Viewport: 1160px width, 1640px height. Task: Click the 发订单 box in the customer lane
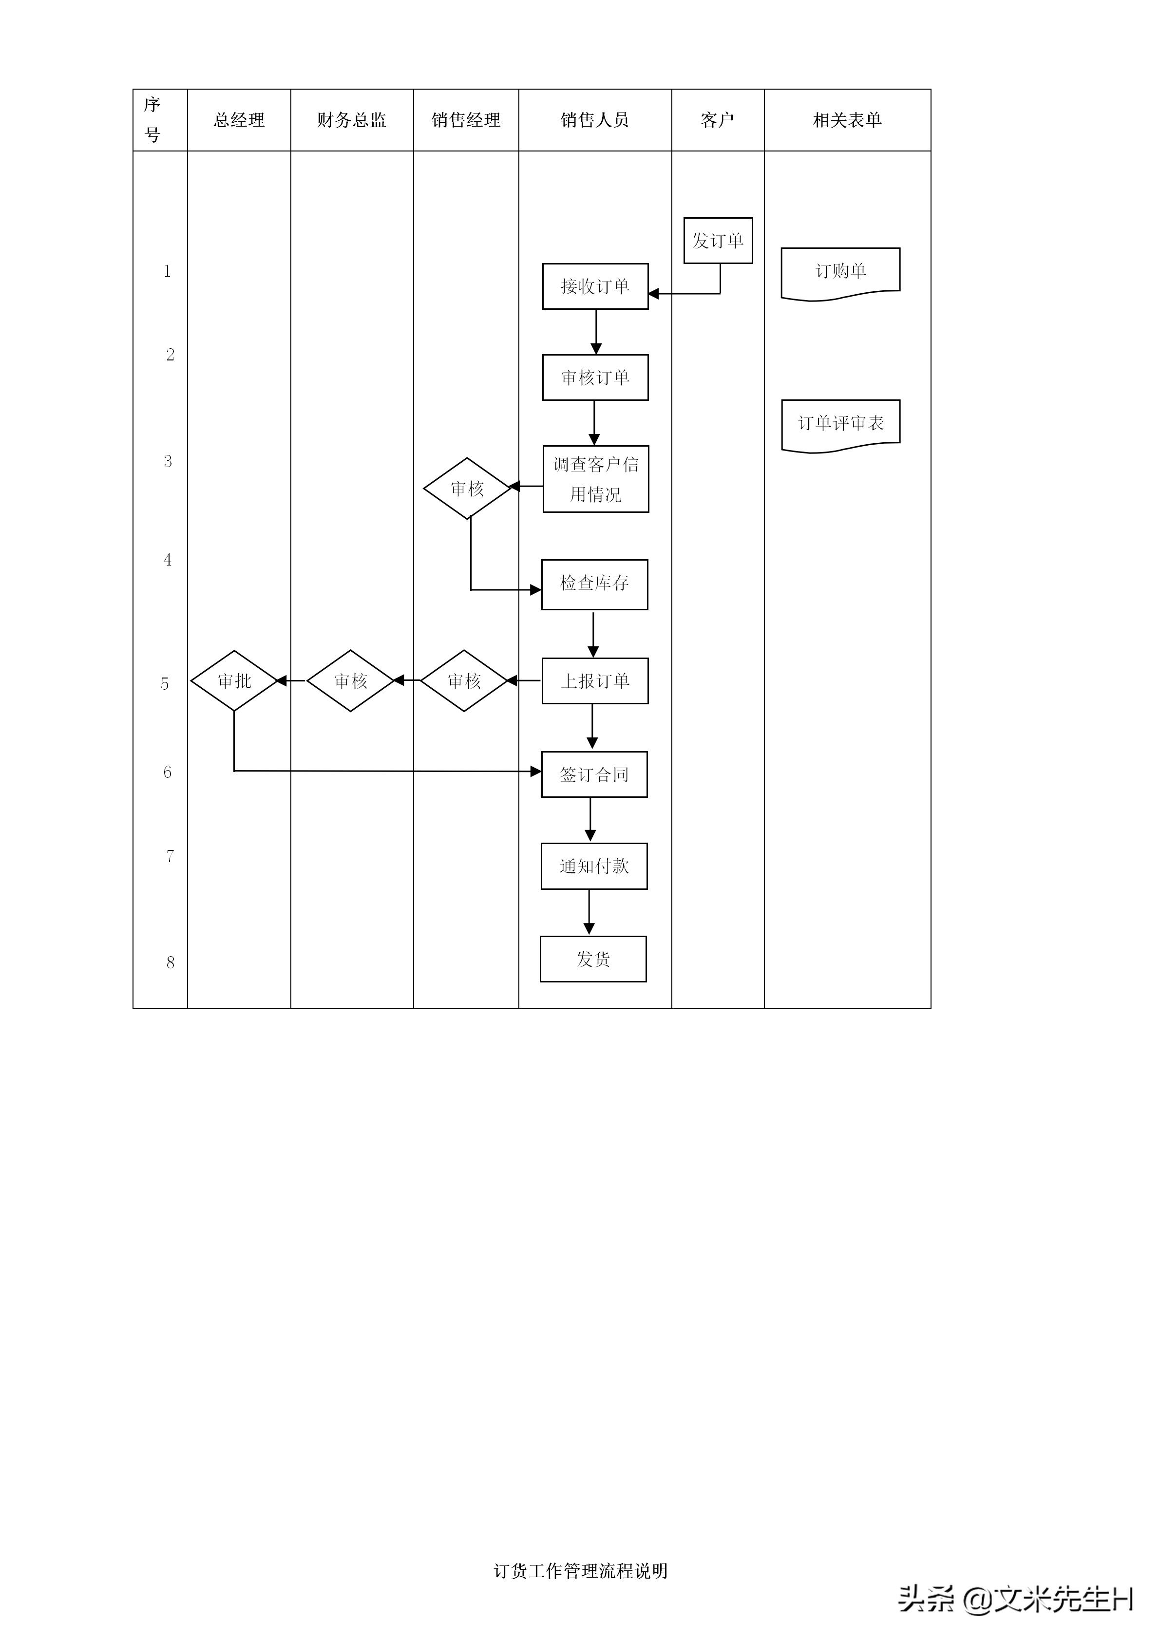coord(718,241)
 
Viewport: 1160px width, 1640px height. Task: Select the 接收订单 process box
coord(595,286)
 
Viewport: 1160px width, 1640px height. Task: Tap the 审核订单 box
coord(595,377)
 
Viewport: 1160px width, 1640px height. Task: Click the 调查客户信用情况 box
coord(596,479)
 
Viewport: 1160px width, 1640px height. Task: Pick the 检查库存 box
coord(594,584)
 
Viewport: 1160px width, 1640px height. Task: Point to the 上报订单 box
coord(595,681)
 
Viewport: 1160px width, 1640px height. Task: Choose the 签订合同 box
coord(594,774)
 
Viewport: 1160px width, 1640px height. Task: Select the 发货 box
coord(593,959)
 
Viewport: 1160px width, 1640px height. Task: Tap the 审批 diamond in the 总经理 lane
coord(234,681)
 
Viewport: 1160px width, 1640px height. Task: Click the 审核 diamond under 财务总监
coord(350,681)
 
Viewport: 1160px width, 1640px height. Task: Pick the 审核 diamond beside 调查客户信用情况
coord(467,489)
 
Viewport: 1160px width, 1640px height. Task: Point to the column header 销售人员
coord(594,120)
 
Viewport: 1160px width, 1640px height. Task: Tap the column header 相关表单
coord(847,120)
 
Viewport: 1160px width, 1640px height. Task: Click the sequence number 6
coord(167,772)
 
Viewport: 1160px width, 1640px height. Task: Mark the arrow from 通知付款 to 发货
coord(590,912)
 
